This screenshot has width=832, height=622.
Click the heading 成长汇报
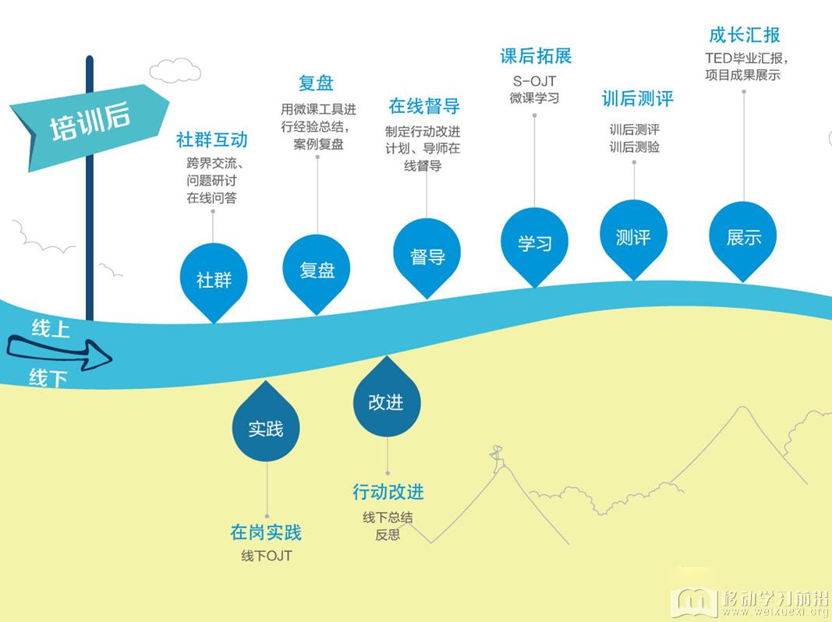coord(745,36)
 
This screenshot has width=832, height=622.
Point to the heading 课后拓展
coord(536,56)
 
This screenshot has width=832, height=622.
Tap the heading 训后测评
coord(637,99)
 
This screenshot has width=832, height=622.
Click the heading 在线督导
coord(424,106)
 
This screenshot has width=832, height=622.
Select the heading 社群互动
coord(212,140)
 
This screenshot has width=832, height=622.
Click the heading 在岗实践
coord(266,532)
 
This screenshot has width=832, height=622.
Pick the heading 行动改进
coord(388,492)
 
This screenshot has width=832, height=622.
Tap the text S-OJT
coord(534,81)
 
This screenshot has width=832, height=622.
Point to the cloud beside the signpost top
coord(175,70)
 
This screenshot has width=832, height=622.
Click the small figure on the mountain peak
coord(497,457)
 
